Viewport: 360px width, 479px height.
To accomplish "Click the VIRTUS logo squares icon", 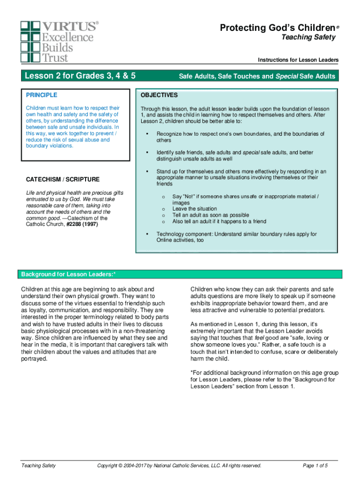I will pyautogui.click(x=31, y=41).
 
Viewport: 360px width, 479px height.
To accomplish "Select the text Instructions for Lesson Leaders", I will pyautogui.click(x=298, y=60).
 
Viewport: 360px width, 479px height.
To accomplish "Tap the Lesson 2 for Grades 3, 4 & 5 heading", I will pyautogui.click(x=80, y=76).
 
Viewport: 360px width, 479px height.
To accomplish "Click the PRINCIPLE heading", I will pyautogui.click(x=42, y=95).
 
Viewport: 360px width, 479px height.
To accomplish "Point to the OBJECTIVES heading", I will pyautogui.click(x=159, y=95).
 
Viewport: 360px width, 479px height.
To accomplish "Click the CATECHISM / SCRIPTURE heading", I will pyautogui.click(x=63, y=179).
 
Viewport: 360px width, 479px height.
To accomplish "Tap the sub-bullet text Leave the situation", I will pyautogui.click(x=194, y=209).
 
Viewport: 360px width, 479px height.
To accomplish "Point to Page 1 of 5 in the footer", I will pyautogui.click(x=315, y=465).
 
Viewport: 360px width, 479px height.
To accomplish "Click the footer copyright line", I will pyautogui.click(x=179, y=465).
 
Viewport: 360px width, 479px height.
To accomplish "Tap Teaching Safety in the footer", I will pyautogui.click(x=38, y=465).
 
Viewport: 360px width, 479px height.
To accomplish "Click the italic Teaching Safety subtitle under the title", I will pyautogui.click(x=308, y=37).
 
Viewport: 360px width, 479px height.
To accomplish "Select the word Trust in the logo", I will pyautogui.click(x=55, y=58).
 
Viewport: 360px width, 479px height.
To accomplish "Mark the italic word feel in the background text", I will pyautogui.click(x=260, y=338).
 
